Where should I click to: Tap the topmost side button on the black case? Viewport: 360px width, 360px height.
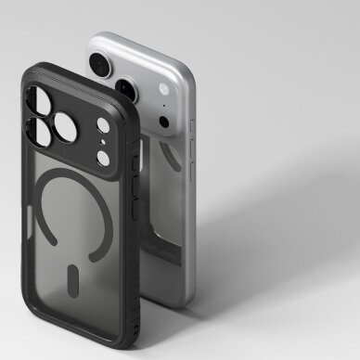coord(135,161)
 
